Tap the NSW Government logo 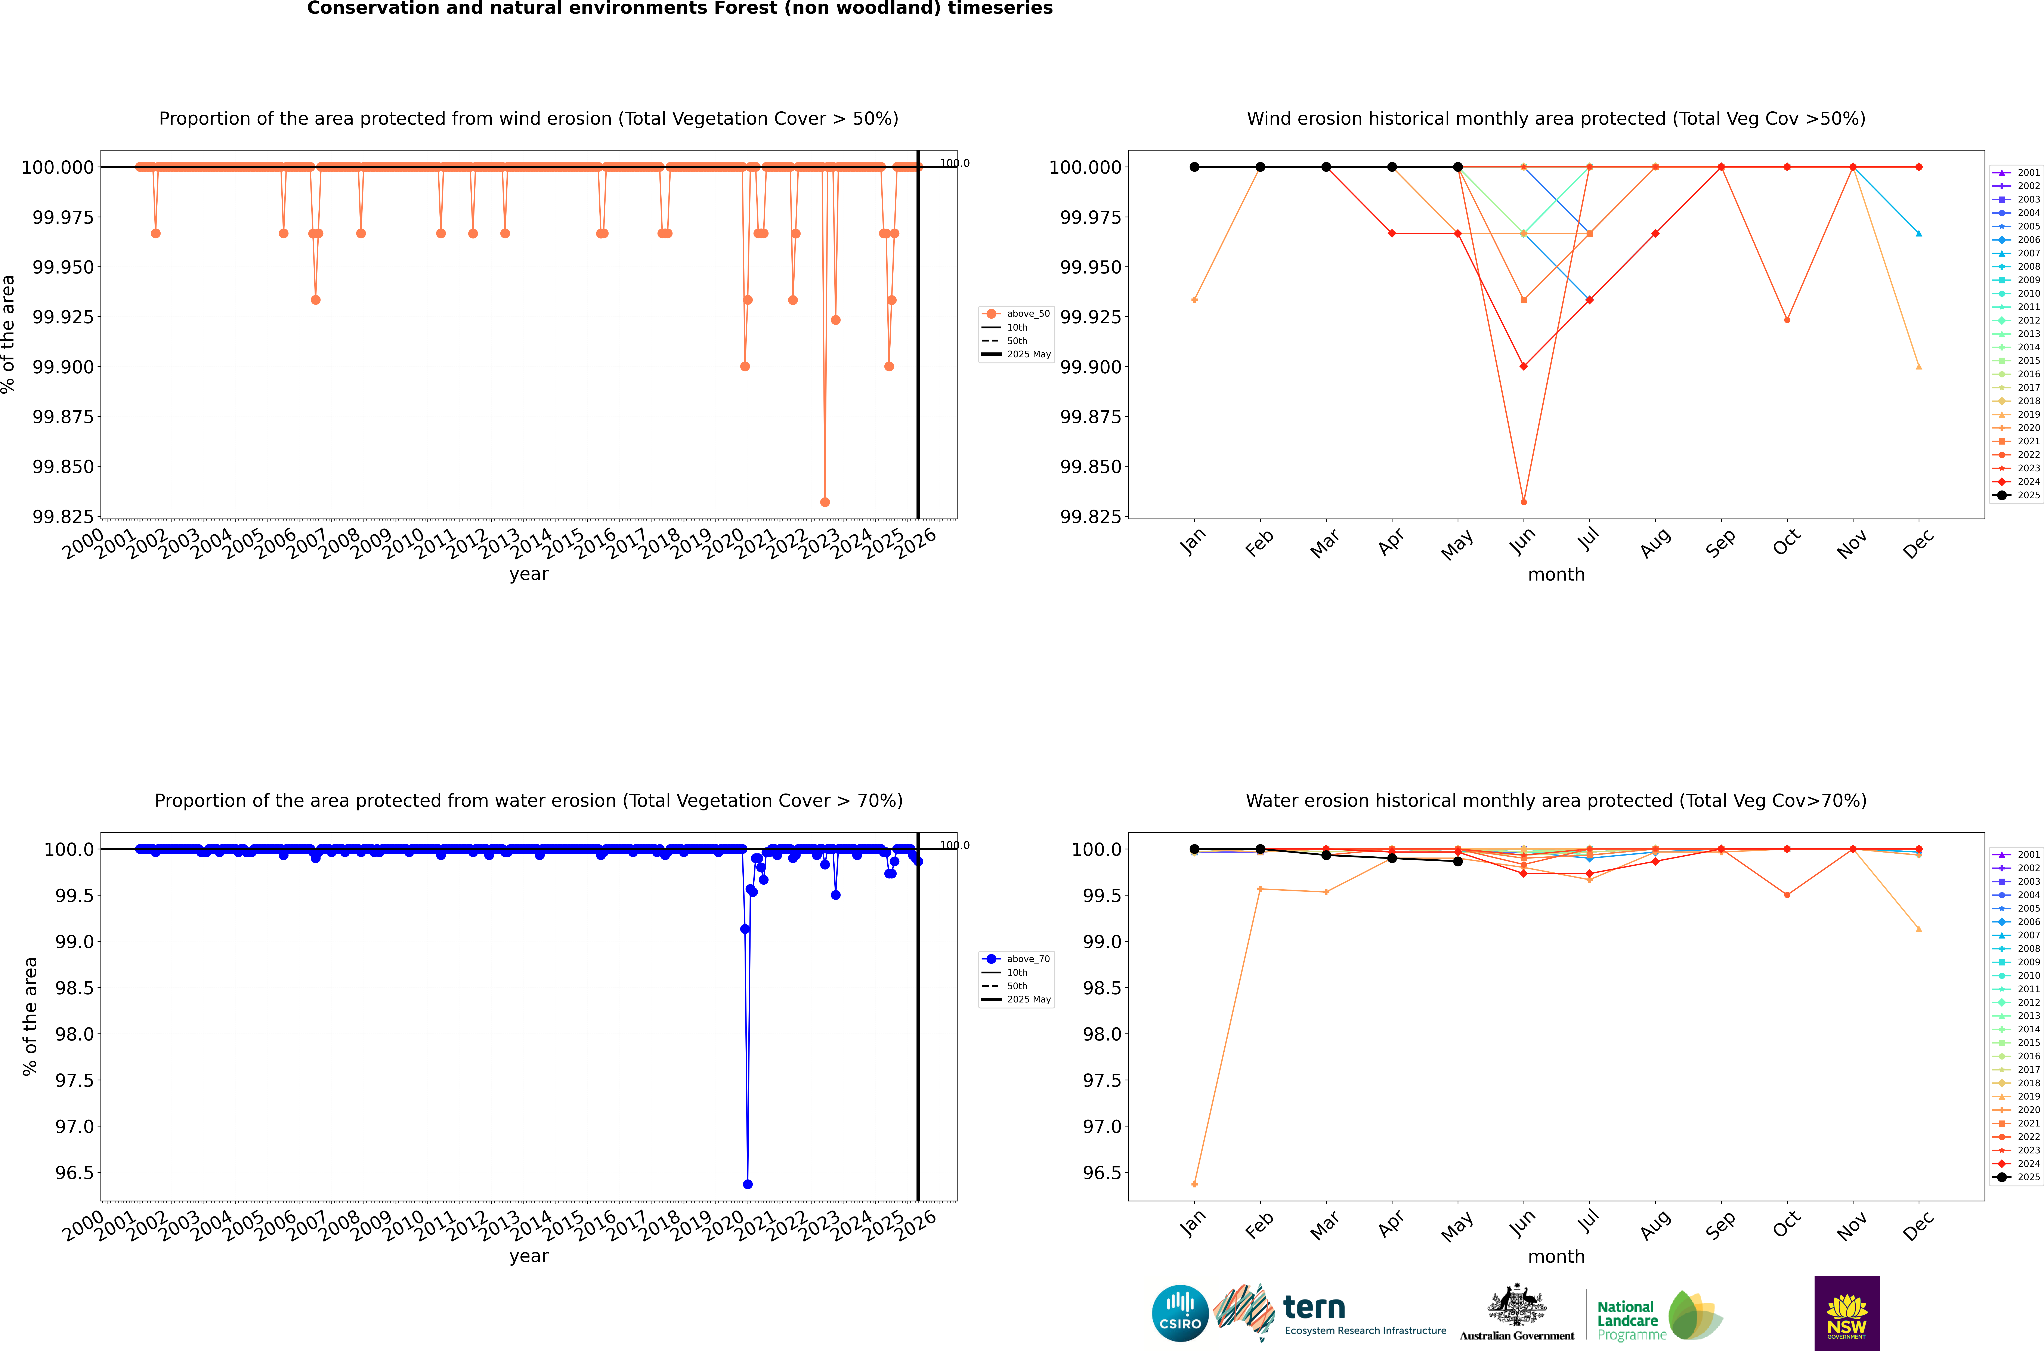pyautogui.click(x=1847, y=1313)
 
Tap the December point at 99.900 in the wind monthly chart pyautogui.click(x=1918, y=366)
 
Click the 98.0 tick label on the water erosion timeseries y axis pyautogui.click(x=74, y=1034)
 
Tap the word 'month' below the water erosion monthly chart pyautogui.click(x=1556, y=1256)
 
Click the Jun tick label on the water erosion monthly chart pyautogui.click(x=1522, y=1224)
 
